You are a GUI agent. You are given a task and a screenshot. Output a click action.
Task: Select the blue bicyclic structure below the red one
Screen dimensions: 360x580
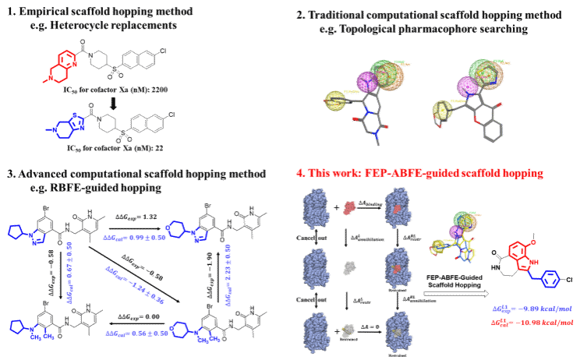click(x=68, y=126)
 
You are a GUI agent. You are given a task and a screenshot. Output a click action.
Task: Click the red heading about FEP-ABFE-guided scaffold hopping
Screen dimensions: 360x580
click(x=419, y=173)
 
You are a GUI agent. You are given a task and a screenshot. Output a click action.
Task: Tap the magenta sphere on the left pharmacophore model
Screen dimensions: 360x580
click(x=367, y=81)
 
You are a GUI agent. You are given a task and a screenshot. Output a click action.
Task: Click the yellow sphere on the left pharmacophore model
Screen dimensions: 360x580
click(x=335, y=100)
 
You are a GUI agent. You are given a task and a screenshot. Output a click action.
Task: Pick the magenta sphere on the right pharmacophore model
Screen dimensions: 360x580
click(x=467, y=86)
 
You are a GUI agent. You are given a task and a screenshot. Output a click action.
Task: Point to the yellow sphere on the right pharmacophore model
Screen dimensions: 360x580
click(x=442, y=110)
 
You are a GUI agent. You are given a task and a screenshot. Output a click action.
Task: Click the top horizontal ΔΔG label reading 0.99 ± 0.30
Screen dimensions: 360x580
click(x=134, y=237)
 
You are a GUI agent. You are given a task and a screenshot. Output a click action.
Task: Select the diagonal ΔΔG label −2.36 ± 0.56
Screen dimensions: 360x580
click(x=134, y=284)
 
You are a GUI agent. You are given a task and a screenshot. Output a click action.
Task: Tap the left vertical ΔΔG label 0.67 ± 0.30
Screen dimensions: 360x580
click(x=69, y=272)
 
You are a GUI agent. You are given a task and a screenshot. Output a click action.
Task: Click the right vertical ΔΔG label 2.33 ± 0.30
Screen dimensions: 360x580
click(x=228, y=274)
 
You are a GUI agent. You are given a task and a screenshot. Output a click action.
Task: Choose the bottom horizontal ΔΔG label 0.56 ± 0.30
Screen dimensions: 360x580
click(x=136, y=333)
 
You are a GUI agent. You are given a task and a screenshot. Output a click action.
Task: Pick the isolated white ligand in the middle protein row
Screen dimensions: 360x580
click(x=349, y=267)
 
